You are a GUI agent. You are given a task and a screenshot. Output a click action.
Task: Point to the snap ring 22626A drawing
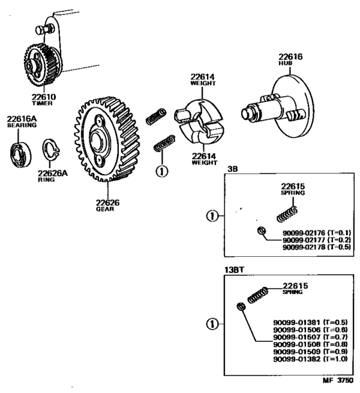51,152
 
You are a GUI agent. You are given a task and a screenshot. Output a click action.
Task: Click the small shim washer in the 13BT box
240,307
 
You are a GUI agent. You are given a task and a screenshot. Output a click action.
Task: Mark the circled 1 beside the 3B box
210,216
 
